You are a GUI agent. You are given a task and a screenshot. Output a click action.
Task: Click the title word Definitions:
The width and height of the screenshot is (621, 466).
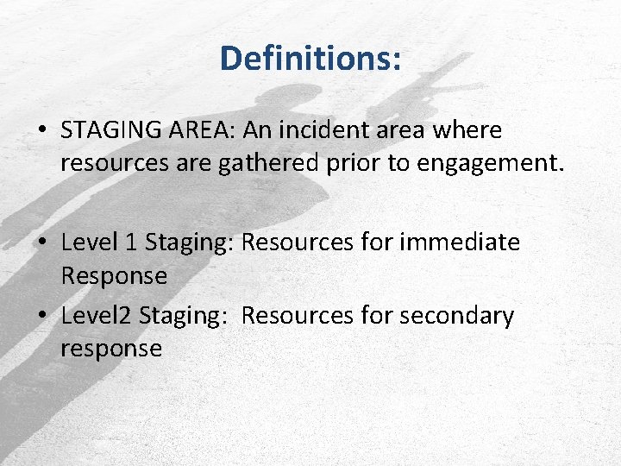(x=310, y=59)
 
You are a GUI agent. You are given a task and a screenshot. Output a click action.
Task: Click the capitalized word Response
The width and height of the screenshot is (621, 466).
(x=114, y=277)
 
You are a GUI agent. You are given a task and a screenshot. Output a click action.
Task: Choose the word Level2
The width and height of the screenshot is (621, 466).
(x=95, y=316)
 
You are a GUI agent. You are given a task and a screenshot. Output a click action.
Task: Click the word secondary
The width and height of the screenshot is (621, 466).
(x=456, y=316)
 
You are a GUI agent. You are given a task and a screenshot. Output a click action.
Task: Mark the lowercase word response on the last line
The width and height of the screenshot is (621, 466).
(x=111, y=349)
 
